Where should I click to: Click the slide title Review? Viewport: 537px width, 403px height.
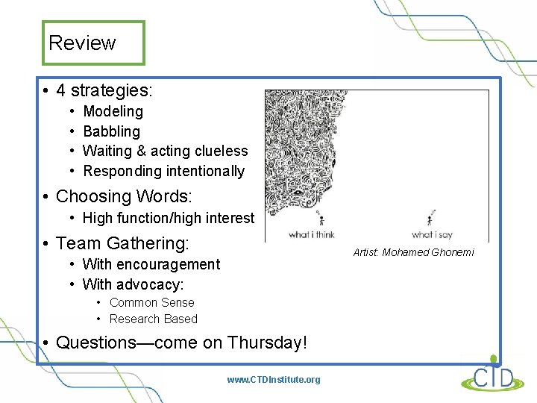(x=82, y=43)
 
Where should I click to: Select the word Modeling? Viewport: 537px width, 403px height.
(x=113, y=111)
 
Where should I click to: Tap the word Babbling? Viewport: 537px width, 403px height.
(x=111, y=131)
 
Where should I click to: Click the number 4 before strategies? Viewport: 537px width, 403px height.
(x=61, y=91)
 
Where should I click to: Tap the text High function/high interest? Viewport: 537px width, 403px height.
(x=168, y=219)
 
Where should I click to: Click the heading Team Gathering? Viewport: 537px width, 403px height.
(x=122, y=243)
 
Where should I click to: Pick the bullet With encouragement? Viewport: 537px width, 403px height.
(x=151, y=264)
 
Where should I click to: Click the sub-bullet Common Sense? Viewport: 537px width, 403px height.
(x=151, y=302)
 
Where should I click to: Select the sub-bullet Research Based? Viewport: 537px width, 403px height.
(x=153, y=319)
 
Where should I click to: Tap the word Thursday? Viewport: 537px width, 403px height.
(x=267, y=343)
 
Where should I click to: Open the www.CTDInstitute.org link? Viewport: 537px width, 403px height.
(x=273, y=380)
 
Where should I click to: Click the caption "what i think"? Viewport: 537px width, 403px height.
(x=311, y=234)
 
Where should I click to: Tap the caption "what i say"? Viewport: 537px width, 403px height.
(x=432, y=234)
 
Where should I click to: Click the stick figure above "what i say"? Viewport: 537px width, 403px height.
(x=431, y=219)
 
